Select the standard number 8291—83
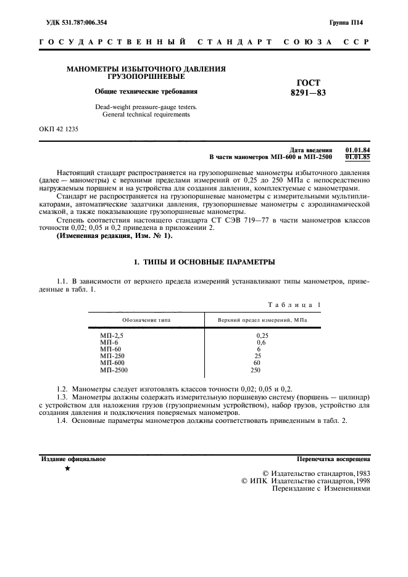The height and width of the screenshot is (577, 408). [308, 93]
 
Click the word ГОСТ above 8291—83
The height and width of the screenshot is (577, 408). [308, 83]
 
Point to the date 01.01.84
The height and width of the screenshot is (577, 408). [357, 150]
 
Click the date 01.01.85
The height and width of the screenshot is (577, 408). [357, 157]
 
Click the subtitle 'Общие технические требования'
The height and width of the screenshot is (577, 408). [146, 92]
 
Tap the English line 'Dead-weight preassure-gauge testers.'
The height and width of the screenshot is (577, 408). [146, 107]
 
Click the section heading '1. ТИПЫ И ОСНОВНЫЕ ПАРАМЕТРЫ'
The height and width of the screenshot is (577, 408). [204, 263]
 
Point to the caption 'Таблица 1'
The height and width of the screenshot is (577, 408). [294, 305]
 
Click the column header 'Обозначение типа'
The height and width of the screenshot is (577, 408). [146, 321]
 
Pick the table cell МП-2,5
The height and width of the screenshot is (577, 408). [112, 335]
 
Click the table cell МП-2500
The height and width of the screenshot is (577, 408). [114, 370]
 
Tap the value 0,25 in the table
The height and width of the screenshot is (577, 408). [261, 335]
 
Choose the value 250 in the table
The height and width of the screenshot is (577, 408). [256, 370]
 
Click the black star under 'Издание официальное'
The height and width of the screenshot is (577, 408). [67, 469]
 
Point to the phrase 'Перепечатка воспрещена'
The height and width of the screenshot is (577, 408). [333, 459]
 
